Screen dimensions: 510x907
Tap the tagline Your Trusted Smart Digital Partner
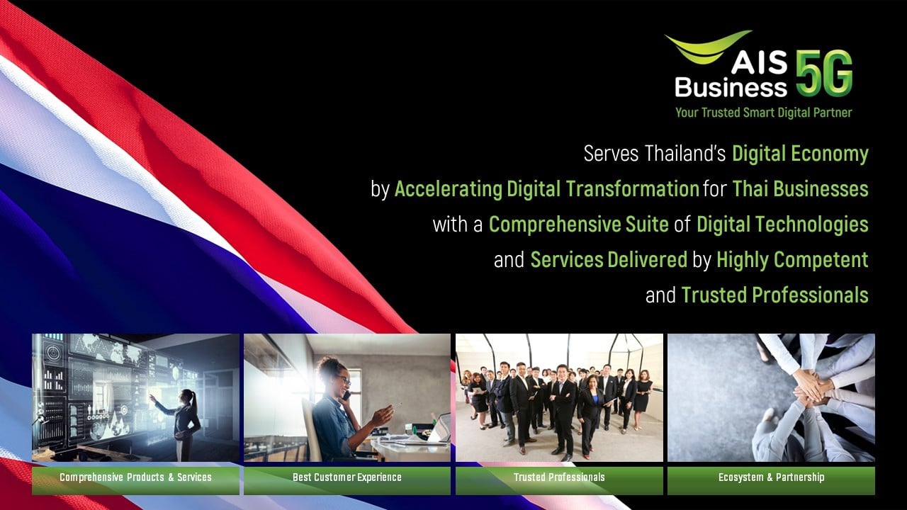point(763,113)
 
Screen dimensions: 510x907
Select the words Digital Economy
point(800,153)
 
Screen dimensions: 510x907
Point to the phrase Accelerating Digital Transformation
point(546,189)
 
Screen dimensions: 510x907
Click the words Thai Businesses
point(800,189)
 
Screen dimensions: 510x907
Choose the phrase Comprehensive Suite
point(578,225)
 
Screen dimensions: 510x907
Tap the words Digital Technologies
point(782,225)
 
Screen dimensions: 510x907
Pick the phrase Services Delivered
point(609,260)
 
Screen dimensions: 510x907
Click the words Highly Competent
point(792,260)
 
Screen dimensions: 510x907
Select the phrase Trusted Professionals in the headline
point(774,295)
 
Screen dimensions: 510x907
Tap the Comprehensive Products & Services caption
point(135,477)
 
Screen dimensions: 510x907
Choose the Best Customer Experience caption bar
point(347,477)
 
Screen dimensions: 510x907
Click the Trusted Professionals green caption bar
point(559,477)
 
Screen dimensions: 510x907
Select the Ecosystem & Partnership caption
point(771,477)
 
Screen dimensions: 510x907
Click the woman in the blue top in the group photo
point(590,414)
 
